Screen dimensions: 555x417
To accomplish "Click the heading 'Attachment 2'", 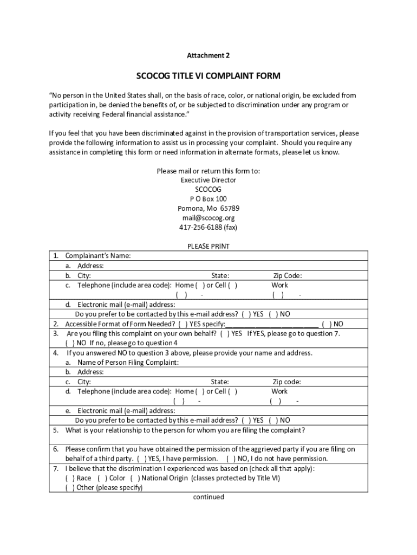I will coord(208,55).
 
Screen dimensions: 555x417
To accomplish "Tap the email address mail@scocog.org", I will coord(208,218).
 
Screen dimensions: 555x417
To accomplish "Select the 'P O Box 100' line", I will coord(208,199).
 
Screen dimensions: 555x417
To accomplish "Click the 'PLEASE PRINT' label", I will coord(208,246).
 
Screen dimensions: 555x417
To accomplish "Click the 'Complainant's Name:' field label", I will coord(98,256).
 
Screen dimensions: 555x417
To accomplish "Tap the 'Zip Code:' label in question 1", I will coord(288,275).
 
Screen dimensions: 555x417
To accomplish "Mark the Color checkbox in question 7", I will coord(102,478).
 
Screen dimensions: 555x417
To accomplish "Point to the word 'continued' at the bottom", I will coord(208,497).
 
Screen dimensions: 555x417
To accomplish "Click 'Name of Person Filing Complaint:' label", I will coord(128,362).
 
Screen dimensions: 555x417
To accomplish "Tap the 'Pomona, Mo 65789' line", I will coord(208,209).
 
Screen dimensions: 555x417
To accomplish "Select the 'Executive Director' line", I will coord(208,180).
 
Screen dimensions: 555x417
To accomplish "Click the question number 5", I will coord(56,430).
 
